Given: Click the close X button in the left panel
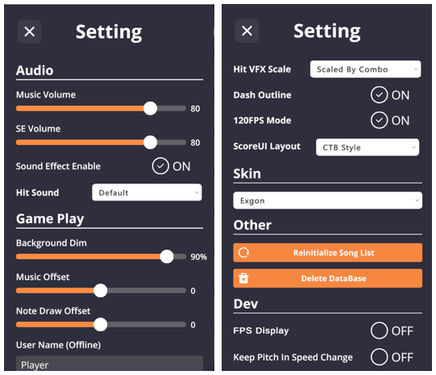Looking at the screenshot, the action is tap(30, 31).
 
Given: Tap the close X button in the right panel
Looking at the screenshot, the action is tap(247, 31).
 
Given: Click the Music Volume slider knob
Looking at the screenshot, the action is tap(150, 109).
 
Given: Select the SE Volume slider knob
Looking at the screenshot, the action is tap(150, 142).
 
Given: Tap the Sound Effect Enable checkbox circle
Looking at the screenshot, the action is tap(160, 166).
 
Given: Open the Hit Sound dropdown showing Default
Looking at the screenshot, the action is tap(147, 192).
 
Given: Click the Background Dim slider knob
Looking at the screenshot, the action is tap(167, 257).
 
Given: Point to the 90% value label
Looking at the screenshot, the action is tap(198, 257).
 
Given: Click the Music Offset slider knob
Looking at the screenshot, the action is tap(101, 291).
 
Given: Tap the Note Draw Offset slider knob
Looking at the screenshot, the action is tap(101, 324).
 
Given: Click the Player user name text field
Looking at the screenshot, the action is tap(110, 364).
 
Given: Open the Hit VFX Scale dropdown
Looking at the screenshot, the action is tap(365, 69).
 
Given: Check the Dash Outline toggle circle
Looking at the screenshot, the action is tap(379, 95).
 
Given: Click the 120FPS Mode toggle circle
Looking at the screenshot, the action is tap(379, 121).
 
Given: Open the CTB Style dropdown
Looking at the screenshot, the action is tap(367, 147).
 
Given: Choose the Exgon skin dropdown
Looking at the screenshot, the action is tap(327, 200).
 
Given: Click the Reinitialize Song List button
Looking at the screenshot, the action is tap(327, 253).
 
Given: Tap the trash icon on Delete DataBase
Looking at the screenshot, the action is tap(243, 278).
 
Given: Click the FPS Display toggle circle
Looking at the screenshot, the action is tap(379, 331).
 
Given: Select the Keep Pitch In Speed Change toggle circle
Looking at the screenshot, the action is tap(379, 357).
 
